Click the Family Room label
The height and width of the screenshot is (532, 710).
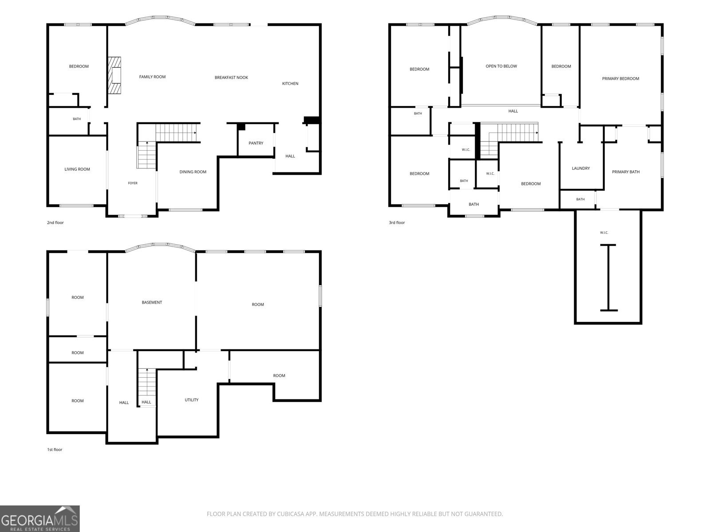152,77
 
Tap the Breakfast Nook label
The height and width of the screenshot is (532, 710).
231,78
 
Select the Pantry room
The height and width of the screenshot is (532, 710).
256,141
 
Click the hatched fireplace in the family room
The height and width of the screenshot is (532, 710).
114,75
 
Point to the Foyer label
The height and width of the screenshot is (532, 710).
133,183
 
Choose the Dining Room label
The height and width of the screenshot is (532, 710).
193,172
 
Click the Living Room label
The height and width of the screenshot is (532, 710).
77,169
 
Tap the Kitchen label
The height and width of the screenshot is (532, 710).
290,84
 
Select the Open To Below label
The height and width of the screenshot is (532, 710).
501,66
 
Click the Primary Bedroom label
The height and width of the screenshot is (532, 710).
620,78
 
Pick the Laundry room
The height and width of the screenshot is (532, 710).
581,166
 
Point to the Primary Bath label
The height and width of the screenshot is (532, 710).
626,172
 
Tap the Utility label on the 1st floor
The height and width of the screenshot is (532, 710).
192,400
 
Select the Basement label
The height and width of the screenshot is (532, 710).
152,302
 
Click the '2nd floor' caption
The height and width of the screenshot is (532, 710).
55,223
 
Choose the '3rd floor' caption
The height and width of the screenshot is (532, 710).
397,223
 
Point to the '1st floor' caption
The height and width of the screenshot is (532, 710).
55,450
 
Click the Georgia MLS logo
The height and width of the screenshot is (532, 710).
40,518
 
